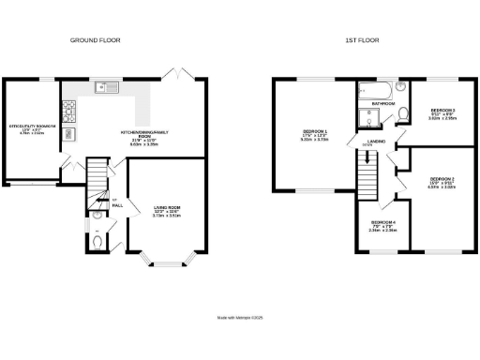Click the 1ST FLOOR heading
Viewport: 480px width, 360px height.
tap(361, 41)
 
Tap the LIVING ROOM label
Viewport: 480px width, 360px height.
tap(154, 210)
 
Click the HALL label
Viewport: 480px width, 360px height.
tap(117, 203)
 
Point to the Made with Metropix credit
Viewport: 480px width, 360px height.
tap(240, 319)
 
